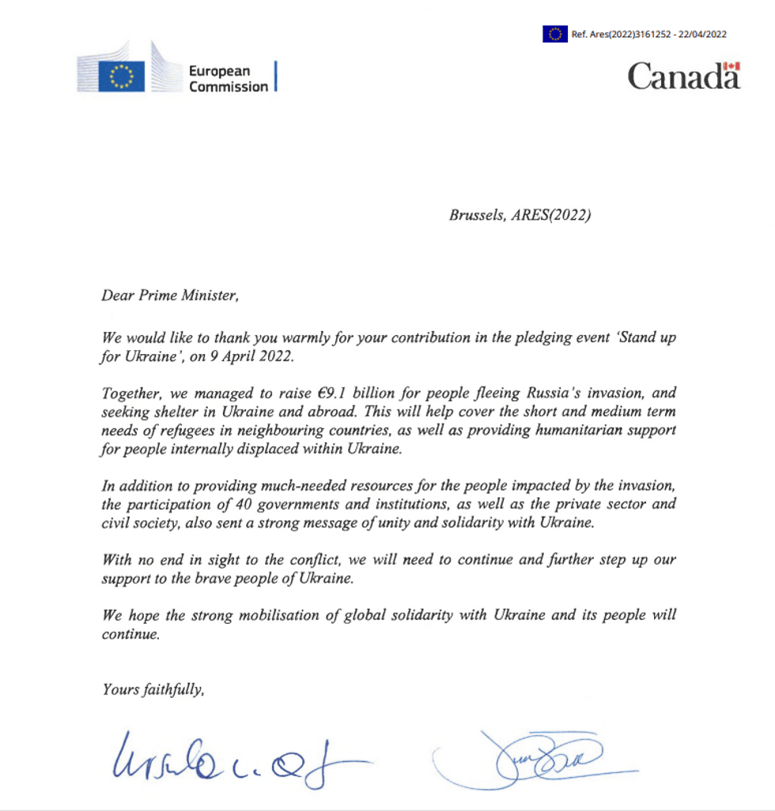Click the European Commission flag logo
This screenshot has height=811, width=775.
pyautogui.click(x=121, y=77)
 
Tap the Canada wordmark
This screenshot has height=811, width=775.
pyautogui.click(x=684, y=77)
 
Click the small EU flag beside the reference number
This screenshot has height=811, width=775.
pyautogui.click(x=554, y=34)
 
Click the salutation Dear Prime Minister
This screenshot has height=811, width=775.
pyautogui.click(x=169, y=296)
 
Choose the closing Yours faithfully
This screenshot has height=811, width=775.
pyautogui.click(x=153, y=688)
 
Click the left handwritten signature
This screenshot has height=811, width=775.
pyautogui.click(x=229, y=758)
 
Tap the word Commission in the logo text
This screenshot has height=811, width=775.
pyautogui.click(x=228, y=87)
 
